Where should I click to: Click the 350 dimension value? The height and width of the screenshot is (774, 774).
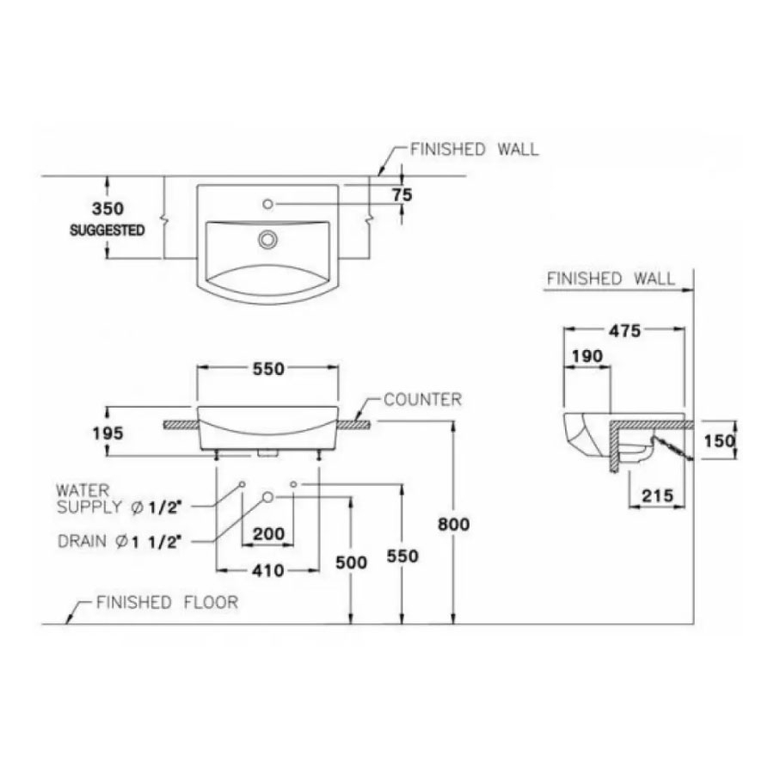pyautogui.click(x=108, y=209)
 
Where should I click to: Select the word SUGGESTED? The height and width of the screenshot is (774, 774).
pyautogui.click(x=107, y=230)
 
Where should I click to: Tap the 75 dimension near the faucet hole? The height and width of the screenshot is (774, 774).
pyautogui.click(x=402, y=195)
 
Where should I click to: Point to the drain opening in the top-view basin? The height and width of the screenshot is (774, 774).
pyautogui.click(x=267, y=238)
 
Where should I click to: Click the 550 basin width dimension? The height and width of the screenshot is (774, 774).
pyautogui.click(x=267, y=369)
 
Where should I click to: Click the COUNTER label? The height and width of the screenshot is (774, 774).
pyautogui.click(x=422, y=400)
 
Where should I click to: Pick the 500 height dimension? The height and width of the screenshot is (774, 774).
pyautogui.click(x=350, y=562)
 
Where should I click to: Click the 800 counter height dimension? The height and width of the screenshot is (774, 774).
pyautogui.click(x=453, y=524)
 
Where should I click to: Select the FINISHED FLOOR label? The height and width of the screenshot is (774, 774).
pyautogui.click(x=167, y=602)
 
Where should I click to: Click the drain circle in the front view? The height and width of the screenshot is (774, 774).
pyautogui.click(x=267, y=497)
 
